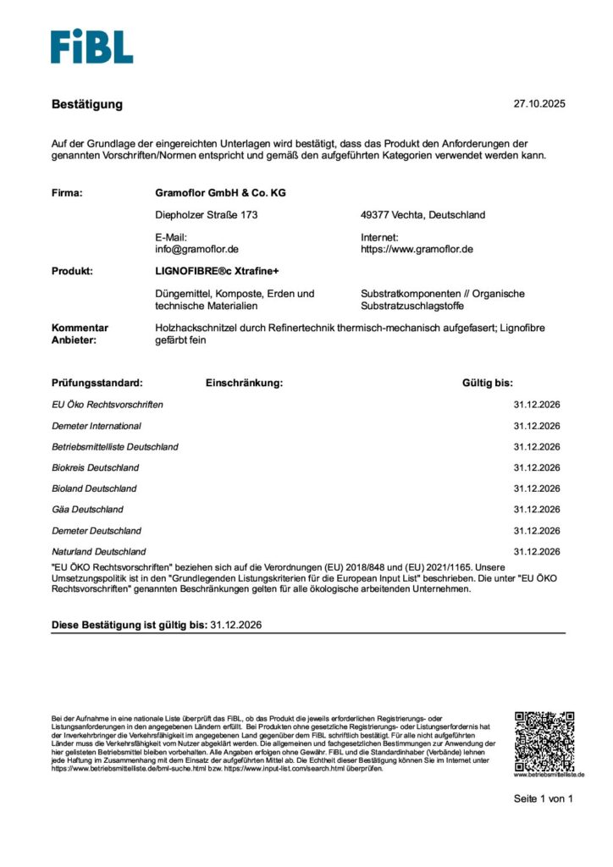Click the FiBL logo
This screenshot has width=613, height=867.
coord(91,47)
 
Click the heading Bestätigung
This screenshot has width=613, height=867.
coord(87,104)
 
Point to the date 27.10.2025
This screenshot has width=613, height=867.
coord(538,104)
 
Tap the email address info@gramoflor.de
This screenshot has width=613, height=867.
coord(197,250)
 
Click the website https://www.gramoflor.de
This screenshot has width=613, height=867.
coord(417,250)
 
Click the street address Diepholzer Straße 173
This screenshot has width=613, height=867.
coord(207,215)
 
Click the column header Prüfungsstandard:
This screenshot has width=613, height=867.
coord(97,383)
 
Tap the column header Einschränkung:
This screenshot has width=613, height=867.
coord(244,383)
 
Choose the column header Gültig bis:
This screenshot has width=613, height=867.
coord(488,383)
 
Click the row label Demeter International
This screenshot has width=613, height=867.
coord(97,426)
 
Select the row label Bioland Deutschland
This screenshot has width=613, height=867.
coord(94,489)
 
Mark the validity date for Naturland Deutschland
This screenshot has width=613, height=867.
coord(537,551)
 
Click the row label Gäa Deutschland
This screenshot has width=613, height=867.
coord(87,510)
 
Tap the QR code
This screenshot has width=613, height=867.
coord(544,740)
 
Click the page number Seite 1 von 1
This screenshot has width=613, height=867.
coord(544,798)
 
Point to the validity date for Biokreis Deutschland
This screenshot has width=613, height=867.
coord(537,467)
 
